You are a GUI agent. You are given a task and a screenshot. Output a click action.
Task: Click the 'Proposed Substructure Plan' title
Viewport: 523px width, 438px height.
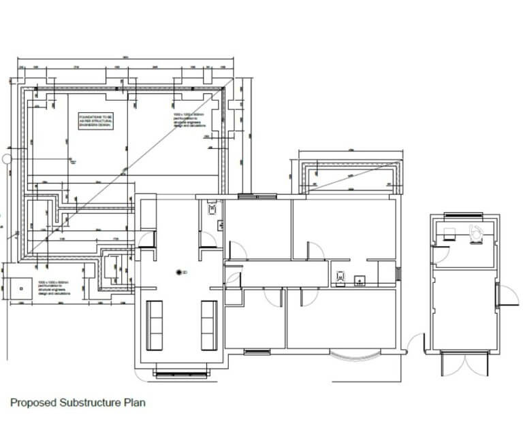tap(77, 403)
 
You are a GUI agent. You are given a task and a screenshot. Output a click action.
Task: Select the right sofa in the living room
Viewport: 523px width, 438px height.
tap(208, 325)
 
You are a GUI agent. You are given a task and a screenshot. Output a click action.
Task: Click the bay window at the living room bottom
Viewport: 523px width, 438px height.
tap(181, 372)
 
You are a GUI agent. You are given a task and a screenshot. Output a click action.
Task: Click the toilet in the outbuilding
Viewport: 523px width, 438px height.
tap(477, 232)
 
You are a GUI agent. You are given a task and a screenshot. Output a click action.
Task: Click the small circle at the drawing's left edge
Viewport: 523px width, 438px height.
tap(7, 159)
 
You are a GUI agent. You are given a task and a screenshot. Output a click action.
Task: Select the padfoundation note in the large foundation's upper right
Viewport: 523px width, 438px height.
tap(189, 120)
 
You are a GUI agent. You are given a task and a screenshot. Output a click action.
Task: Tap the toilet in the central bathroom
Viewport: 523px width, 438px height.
tap(339, 277)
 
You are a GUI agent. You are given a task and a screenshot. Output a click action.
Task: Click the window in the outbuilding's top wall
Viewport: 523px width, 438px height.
tap(460, 216)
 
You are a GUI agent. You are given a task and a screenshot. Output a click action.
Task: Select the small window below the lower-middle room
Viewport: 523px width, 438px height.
tap(255, 352)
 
